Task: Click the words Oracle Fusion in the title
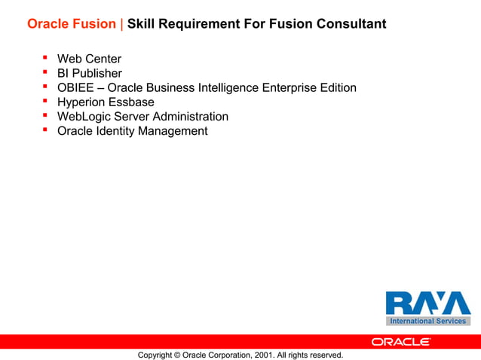72,24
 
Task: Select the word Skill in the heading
142,24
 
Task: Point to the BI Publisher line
89,73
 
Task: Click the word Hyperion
81,102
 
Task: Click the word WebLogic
84,116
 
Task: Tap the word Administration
191,116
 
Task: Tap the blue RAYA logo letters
427,303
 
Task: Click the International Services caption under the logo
427,321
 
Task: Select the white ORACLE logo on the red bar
400,341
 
